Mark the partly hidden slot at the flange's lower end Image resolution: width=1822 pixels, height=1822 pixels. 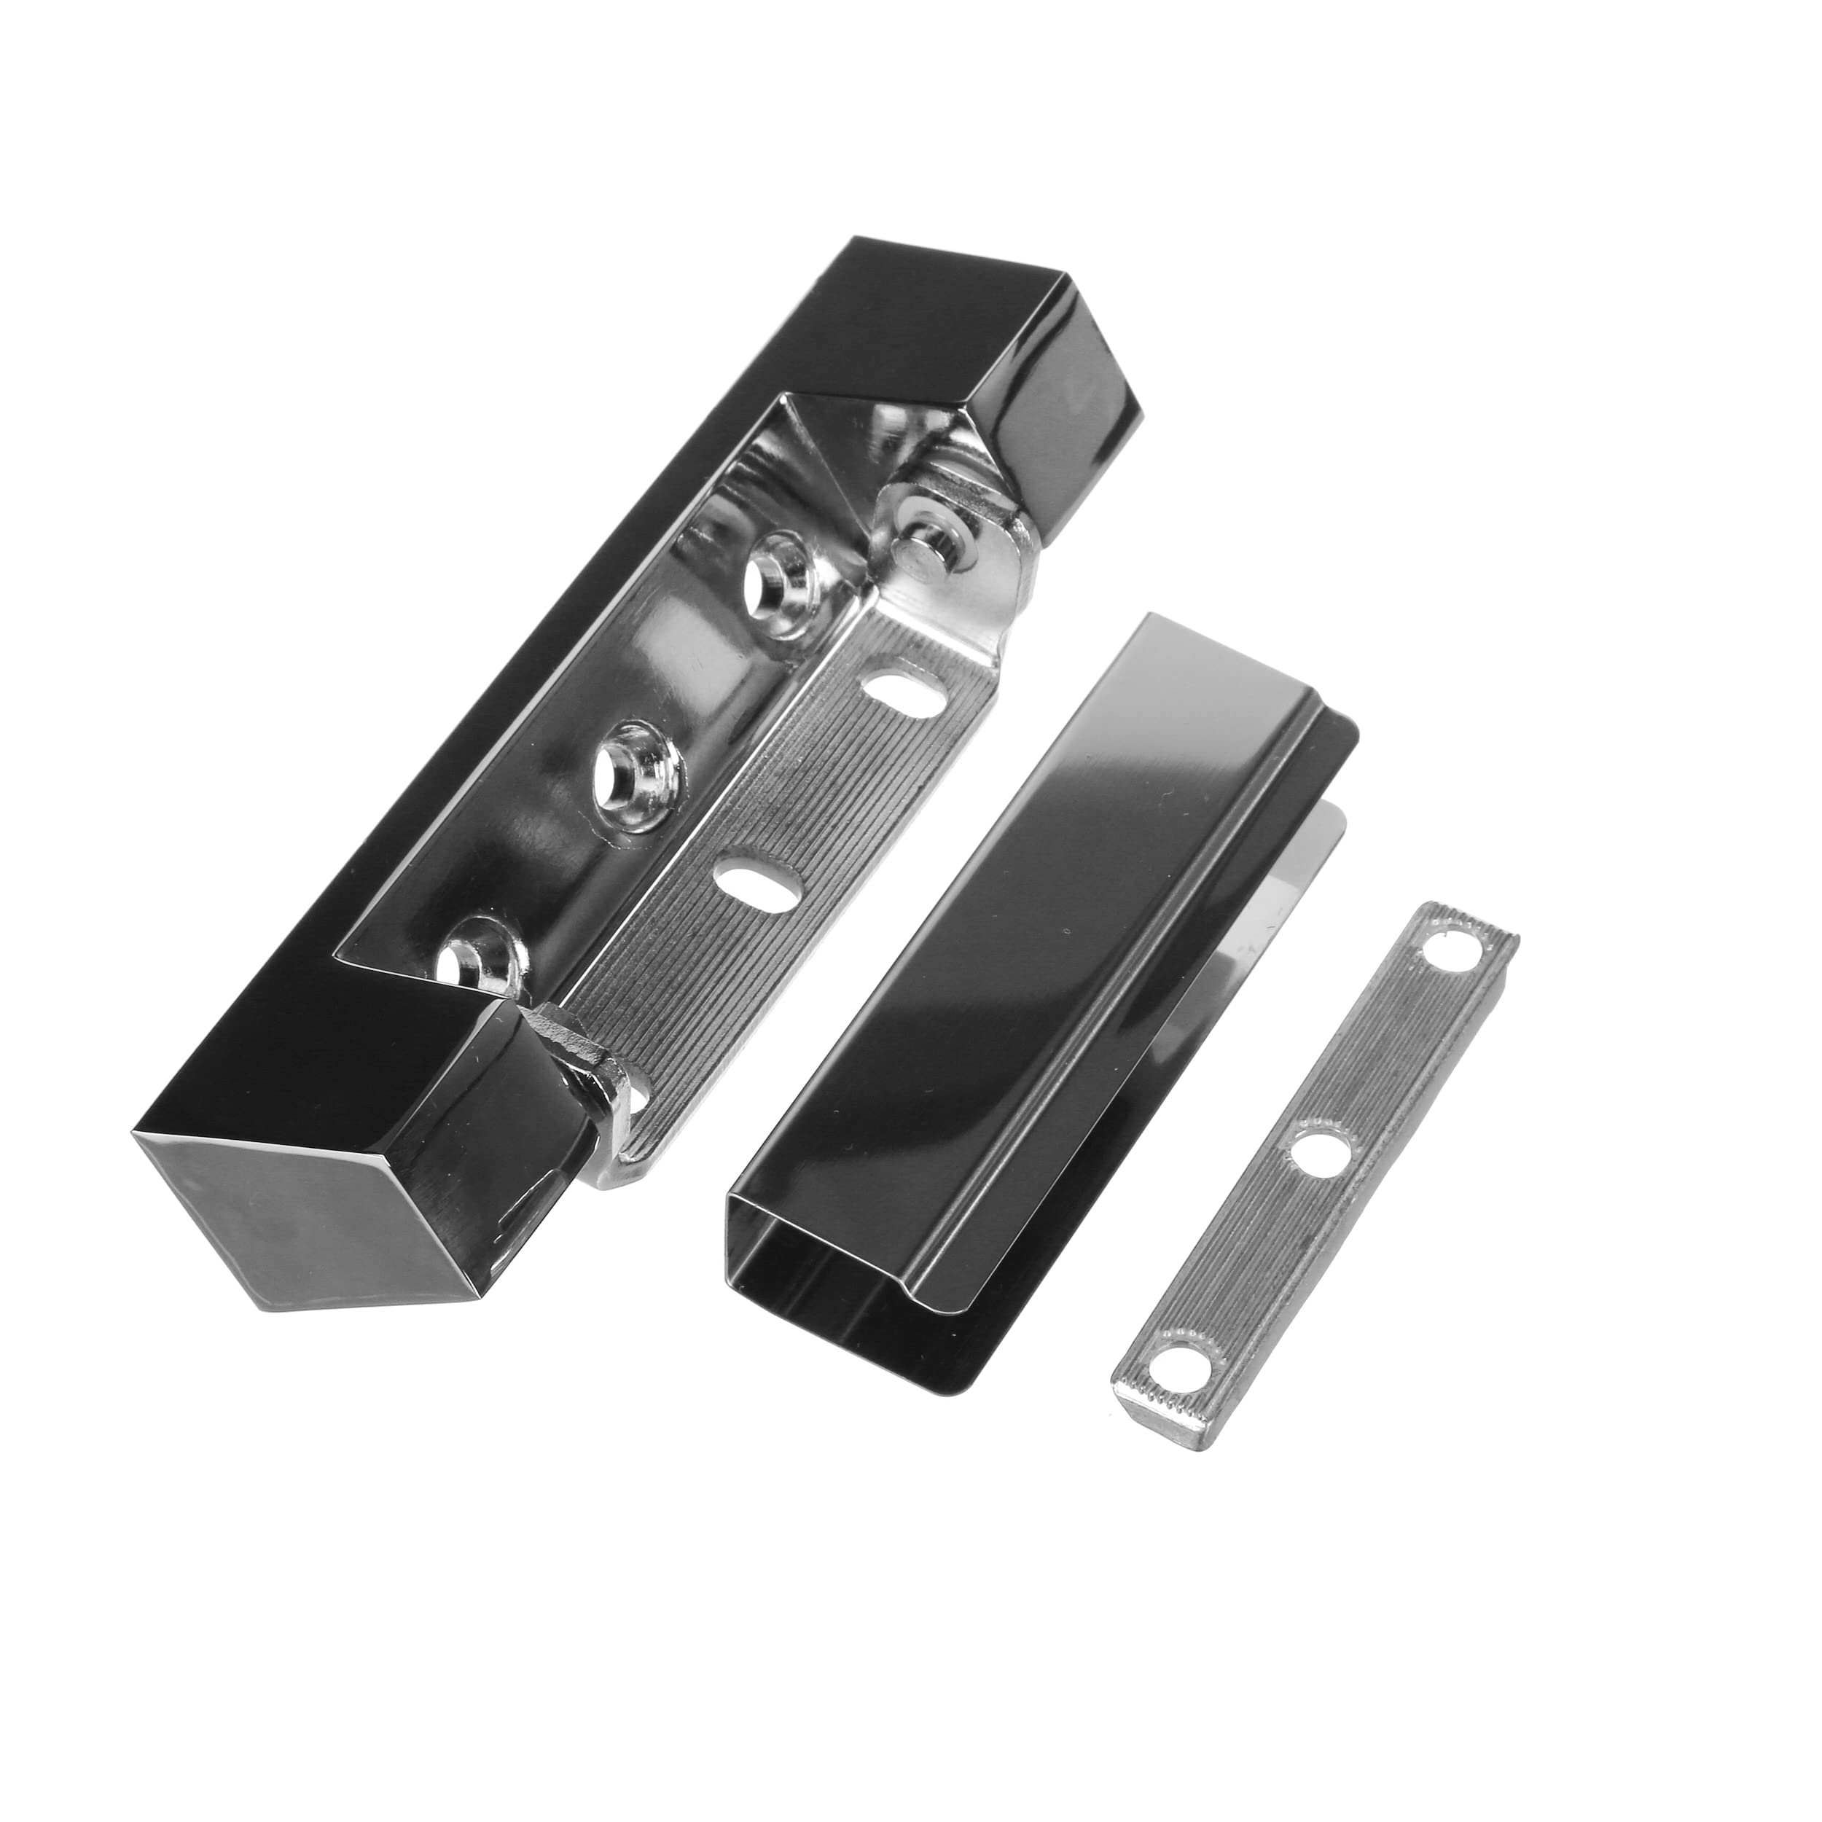tap(634, 1100)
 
